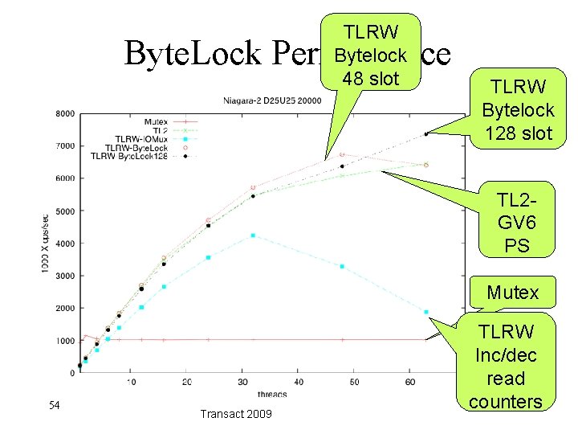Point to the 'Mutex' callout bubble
[x=512, y=293]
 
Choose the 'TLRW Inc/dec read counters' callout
[x=505, y=366]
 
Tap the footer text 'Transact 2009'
[x=235, y=413]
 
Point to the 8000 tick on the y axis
[x=65, y=113]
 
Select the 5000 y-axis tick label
[x=65, y=211]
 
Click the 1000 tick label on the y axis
[x=65, y=341]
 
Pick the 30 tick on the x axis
[x=242, y=382]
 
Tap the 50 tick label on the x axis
[x=354, y=382]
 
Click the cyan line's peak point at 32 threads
[x=253, y=235]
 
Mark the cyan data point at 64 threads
[x=426, y=312]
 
